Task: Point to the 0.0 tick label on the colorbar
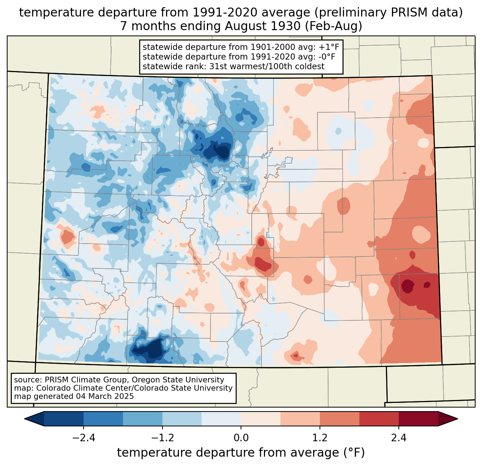(x=241, y=438)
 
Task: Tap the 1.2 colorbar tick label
(x=320, y=438)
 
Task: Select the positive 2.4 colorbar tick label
(x=399, y=438)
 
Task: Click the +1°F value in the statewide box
(x=330, y=47)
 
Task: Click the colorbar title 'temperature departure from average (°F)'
(x=241, y=453)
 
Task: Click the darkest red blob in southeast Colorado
(x=408, y=286)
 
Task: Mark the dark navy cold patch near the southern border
(x=149, y=349)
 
